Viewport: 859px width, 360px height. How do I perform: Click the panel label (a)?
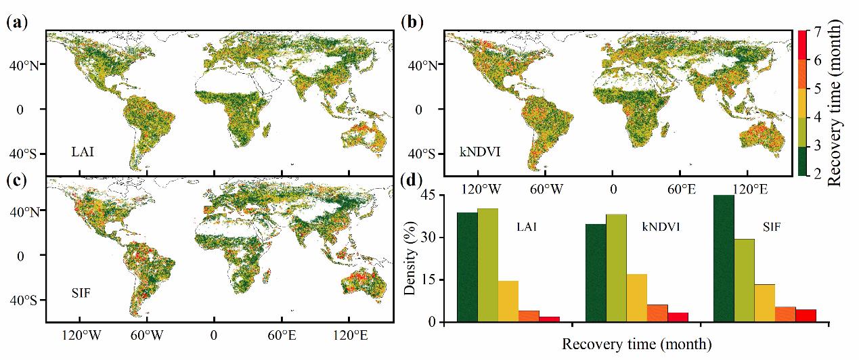[x=16, y=21]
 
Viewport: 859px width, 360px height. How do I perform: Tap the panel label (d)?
[x=412, y=182]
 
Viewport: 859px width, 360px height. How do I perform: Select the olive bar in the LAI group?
[x=487, y=265]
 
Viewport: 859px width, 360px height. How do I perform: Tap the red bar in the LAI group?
[x=549, y=319]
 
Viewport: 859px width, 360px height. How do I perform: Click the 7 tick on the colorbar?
[x=816, y=31]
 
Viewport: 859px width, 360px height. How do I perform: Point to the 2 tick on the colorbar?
[x=816, y=175]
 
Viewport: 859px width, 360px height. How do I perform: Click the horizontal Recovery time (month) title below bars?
[x=636, y=344]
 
